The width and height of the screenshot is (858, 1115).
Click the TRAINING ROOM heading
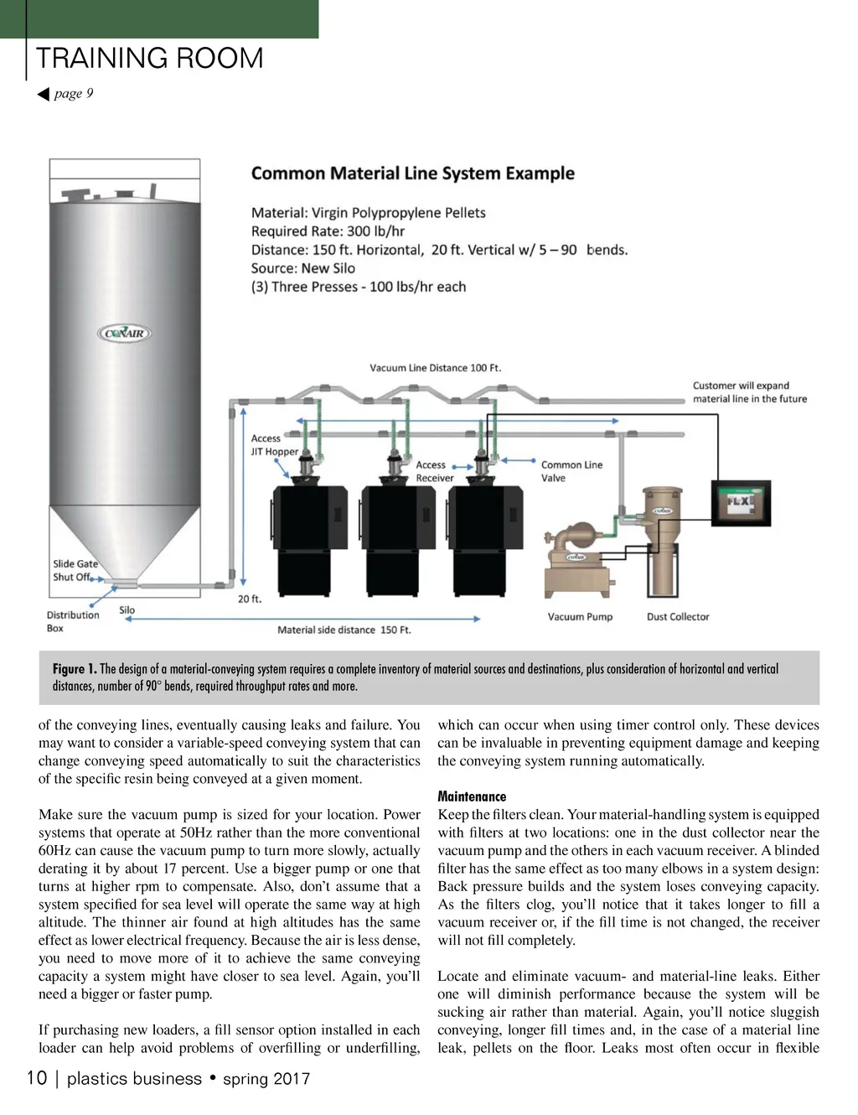[x=149, y=58]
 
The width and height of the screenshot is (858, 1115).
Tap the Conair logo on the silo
[x=125, y=334]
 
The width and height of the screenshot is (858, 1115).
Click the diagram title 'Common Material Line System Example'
[x=412, y=174]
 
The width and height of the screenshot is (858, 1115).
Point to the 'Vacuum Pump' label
[x=580, y=616]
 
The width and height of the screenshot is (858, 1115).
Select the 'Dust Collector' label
[x=678, y=616]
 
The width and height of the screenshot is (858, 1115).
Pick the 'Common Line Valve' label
[x=571, y=471]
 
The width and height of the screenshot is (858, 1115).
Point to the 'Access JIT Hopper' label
[x=274, y=445]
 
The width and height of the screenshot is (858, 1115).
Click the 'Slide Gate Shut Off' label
[x=75, y=570]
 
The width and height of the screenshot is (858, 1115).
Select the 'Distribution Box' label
[x=72, y=621]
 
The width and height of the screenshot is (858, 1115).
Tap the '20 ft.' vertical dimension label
[x=250, y=599]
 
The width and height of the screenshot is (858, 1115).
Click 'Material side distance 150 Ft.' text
[x=344, y=630]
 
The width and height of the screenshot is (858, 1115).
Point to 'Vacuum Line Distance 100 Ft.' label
[x=435, y=367]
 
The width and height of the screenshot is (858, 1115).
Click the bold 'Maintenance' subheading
[x=472, y=796]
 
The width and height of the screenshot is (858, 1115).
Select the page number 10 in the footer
[x=37, y=1078]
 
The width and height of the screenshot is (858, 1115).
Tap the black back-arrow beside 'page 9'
[x=44, y=94]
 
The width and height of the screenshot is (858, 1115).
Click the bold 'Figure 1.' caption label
[x=74, y=669]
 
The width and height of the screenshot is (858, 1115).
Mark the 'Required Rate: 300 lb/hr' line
[x=328, y=231]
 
